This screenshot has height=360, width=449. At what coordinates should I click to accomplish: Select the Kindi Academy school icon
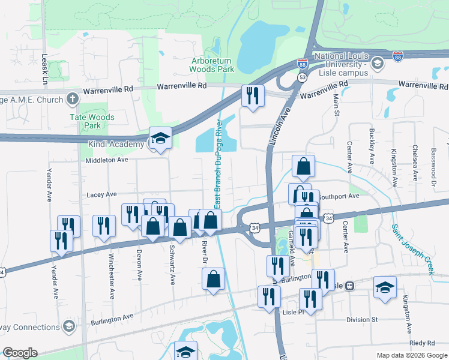[x=160, y=139]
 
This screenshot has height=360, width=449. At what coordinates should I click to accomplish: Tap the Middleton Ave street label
[x=107, y=160]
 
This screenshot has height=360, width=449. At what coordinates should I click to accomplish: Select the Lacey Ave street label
[x=101, y=194]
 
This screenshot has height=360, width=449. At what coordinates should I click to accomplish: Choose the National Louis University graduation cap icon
[x=378, y=63]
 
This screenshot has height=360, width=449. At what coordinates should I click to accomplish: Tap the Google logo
[x=20, y=353]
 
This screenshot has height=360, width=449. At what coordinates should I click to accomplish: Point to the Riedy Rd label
[x=423, y=343]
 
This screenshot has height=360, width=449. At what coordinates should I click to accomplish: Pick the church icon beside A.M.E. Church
[x=72, y=98]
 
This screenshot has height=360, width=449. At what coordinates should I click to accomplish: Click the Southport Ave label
[x=338, y=196]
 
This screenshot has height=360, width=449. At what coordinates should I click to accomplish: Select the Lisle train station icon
[x=349, y=286]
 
